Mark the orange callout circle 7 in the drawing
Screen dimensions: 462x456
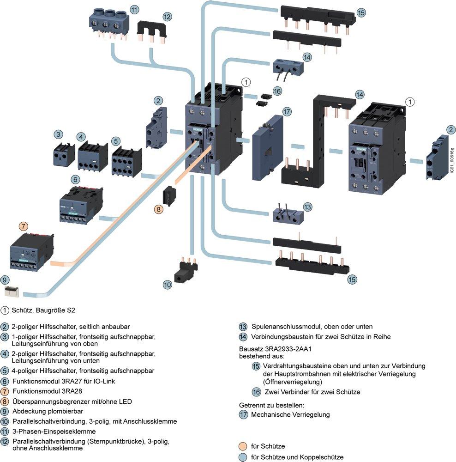[x=24, y=226]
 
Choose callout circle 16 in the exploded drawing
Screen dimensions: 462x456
[x=277, y=91]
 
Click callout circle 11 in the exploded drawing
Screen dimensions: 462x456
[x=134, y=9]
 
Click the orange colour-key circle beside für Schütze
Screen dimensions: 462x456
[x=242, y=446]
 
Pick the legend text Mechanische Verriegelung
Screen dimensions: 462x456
[x=290, y=414]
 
